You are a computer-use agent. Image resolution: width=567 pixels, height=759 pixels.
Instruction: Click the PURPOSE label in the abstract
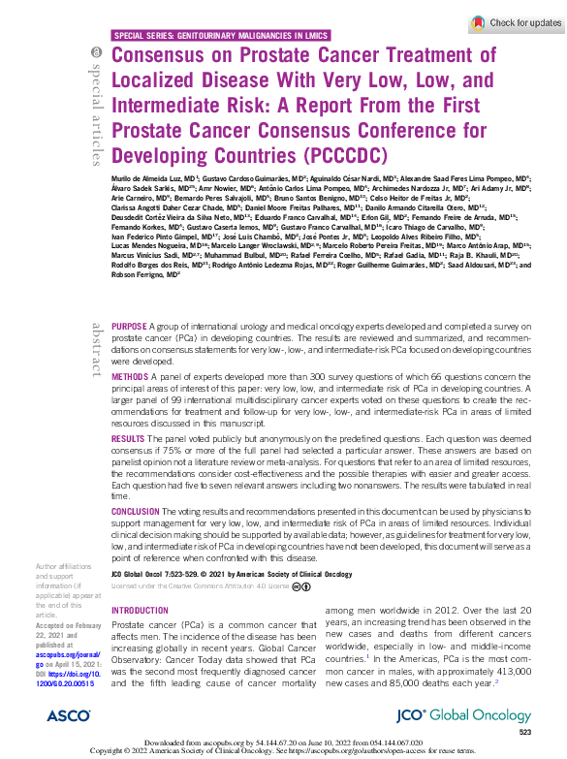pyautogui.click(x=130, y=327)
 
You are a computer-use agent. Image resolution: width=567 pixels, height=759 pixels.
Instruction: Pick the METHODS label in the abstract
pyautogui.click(x=131, y=373)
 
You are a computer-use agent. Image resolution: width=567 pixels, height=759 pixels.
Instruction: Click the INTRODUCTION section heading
pyautogui.click(x=141, y=611)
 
